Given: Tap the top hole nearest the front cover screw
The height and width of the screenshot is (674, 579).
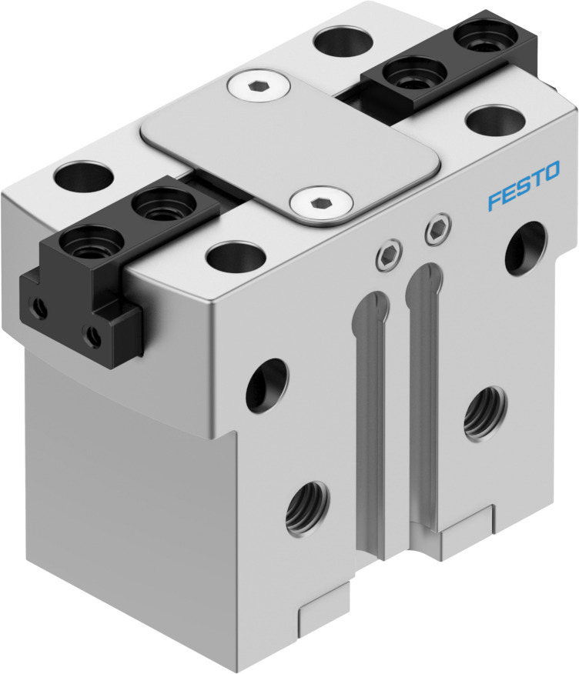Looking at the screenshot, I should point(236,255).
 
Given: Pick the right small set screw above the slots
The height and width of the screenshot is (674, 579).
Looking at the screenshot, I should point(438,229).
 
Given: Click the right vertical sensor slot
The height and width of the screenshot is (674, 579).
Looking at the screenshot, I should point(422,385).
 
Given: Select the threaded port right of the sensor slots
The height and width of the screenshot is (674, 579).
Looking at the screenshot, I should point(486,412).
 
